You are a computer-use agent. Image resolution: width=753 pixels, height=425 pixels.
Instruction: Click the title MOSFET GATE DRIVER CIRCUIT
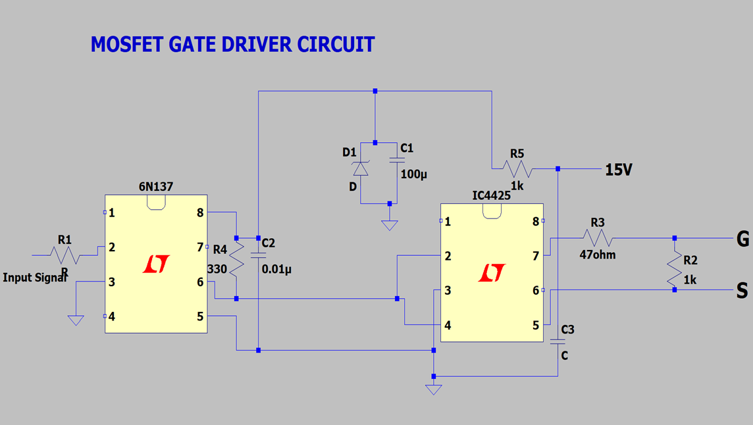click(232, 45)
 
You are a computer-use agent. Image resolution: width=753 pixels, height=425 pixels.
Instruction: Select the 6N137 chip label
click(156, 186)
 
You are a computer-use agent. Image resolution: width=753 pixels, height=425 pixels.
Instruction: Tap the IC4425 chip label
click(491, 195)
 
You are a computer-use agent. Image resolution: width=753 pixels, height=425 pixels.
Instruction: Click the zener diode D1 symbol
click(361, 168)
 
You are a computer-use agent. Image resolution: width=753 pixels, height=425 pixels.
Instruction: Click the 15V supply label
click(619, 170)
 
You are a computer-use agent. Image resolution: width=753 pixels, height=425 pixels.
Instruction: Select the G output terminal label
click(742, 239)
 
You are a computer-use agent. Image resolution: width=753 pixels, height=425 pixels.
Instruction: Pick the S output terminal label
click(742, 291)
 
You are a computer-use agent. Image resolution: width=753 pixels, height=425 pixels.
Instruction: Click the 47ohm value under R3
click(598, 255)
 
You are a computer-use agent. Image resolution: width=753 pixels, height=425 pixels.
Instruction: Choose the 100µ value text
click(414, 174)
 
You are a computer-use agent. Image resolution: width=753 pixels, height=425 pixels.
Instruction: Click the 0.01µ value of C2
click(276, 269)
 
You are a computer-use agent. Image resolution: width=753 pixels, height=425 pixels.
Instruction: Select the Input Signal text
click(35, 278)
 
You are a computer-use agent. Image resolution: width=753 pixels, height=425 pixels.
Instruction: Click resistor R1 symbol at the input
click(65, 255)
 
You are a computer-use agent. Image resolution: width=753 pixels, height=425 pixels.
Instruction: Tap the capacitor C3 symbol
click(558, 341)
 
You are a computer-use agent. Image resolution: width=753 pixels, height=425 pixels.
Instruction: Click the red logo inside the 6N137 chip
click(156, 264)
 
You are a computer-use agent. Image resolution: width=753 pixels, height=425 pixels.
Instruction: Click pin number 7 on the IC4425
click(536, 256)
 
